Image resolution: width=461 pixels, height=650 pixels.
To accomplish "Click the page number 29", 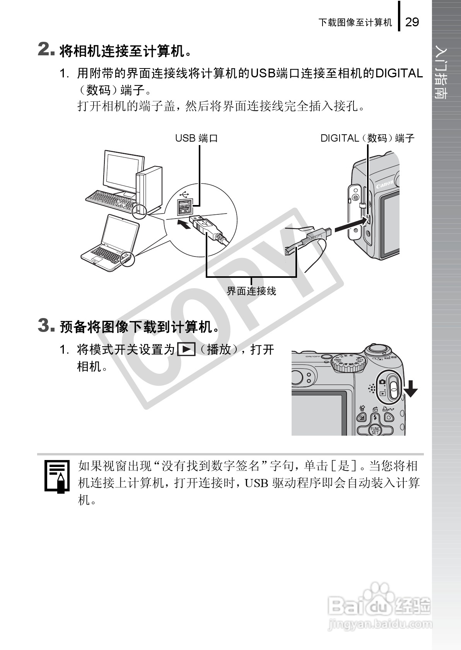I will pyautogui.click(x=412, y=22).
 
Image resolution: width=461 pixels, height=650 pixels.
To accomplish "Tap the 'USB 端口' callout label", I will pyautogui.click(x=196, y=138).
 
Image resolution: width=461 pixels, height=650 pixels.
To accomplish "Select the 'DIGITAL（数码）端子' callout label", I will pyautogui.click(x=367, y=138).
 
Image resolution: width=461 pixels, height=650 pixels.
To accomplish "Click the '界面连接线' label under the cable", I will pyautogui.click(x=251, y=291).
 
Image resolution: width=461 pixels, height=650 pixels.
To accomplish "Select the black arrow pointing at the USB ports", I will pyautogui.click(x=184, y=224).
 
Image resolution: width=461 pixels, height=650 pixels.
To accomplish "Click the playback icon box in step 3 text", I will pyautogui.click(x=186, y=350).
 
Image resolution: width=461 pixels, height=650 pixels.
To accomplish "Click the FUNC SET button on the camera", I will pyautogui.click(x=375, y=430).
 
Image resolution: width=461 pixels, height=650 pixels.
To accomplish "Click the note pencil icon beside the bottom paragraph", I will pyautogui.click(x=57, y=476).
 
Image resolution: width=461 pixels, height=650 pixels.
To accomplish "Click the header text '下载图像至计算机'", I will pyautogui.click(x=355, y=22).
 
